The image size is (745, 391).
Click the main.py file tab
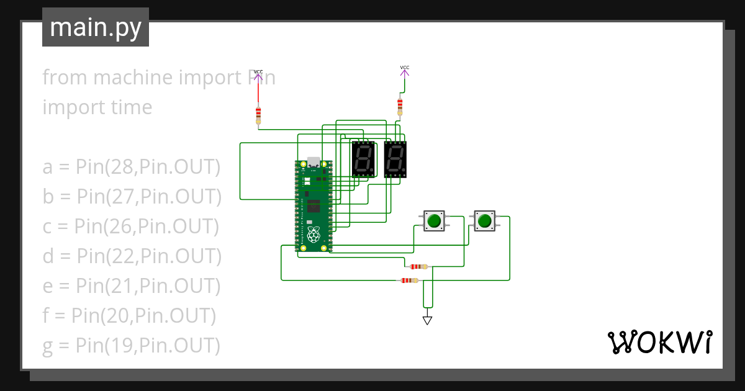pos(95,27)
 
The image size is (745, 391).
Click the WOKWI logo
pos(659,342)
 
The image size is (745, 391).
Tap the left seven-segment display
pos(364,159)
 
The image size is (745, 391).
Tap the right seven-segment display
pos(395,159)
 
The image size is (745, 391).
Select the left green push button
pos(434,220)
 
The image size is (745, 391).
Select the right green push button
pos(485,220)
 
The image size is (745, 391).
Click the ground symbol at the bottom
pos(427,320)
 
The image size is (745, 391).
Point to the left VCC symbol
pos(258,76)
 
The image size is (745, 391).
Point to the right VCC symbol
pos(404,71)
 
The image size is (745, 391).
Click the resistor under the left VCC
pos(258,115)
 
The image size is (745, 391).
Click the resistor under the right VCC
pos(400,106)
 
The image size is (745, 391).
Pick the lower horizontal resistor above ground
pos(409,281)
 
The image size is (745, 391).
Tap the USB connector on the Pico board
pos(314,163)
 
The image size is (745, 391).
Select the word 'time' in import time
pos(129,107)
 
